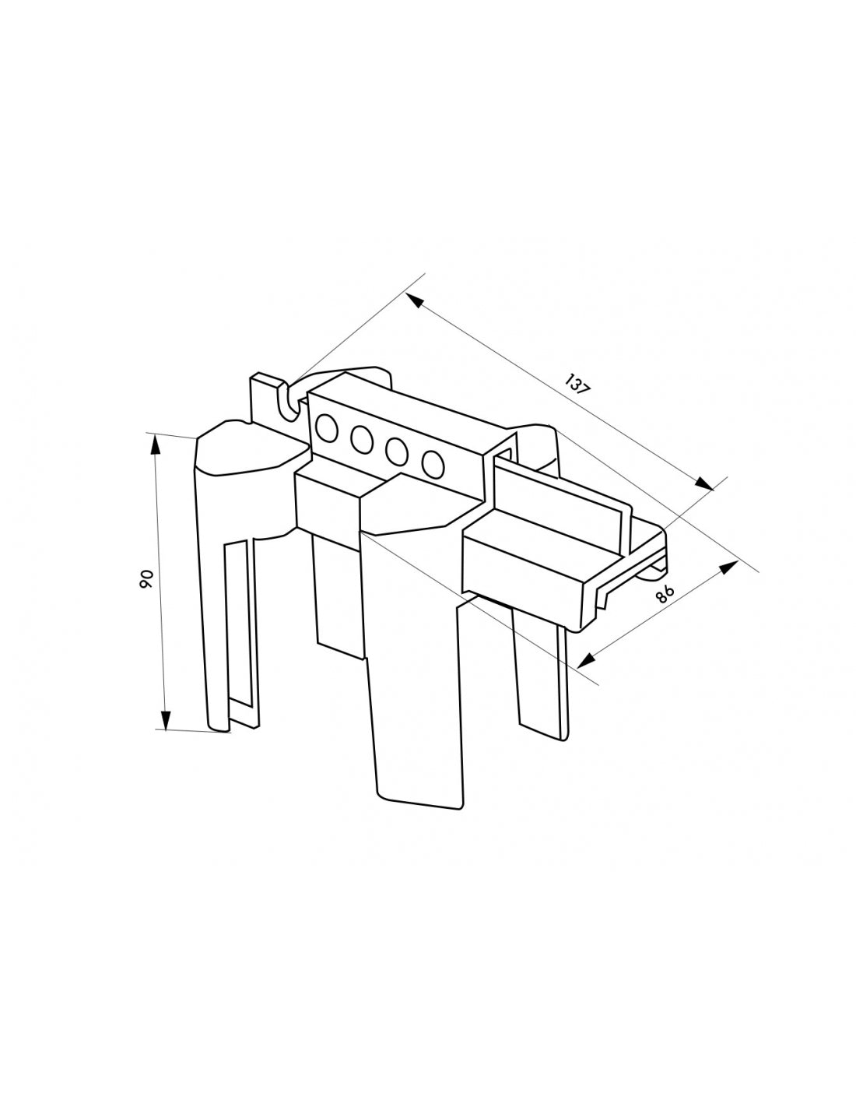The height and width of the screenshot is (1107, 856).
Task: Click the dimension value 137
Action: (577, 385)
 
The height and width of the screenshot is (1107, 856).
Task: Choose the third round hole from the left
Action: (396, 451)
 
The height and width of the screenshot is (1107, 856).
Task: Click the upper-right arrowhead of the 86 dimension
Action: (728, 568)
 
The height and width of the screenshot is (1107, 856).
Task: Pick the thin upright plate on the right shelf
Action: (560, 498)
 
